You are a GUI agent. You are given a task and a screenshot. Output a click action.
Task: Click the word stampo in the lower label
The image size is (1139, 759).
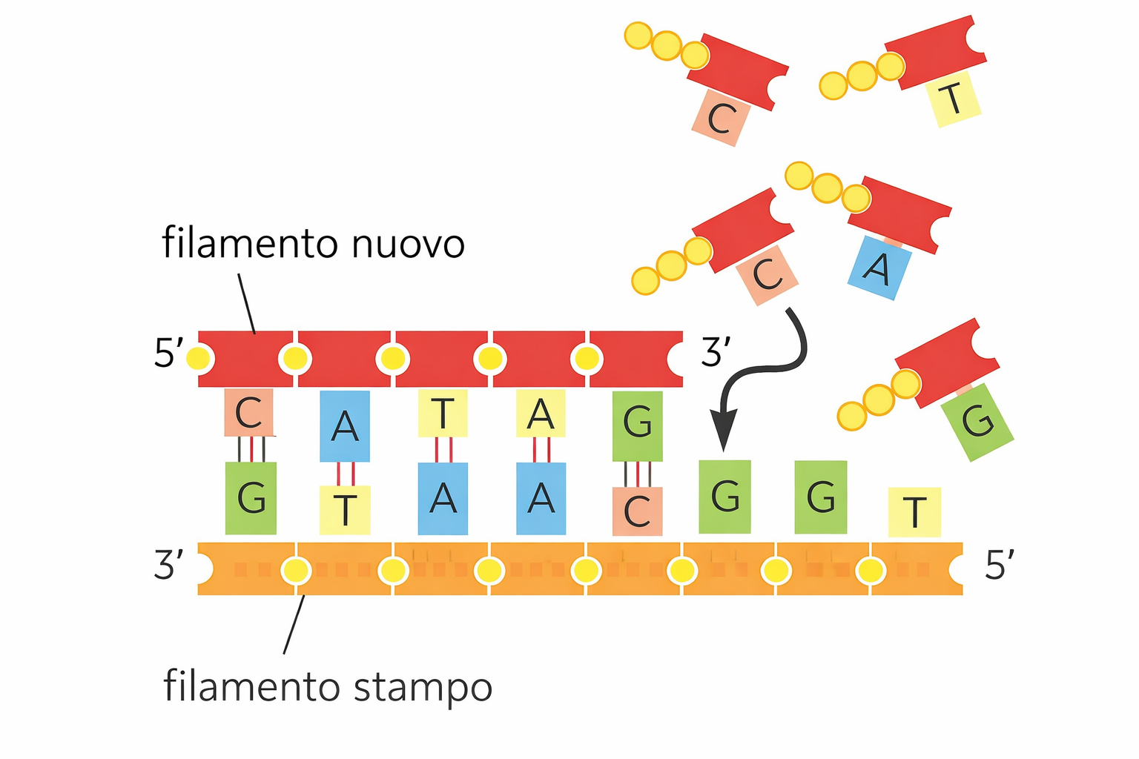422,688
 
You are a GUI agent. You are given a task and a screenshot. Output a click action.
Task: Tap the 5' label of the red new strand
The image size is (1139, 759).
168,353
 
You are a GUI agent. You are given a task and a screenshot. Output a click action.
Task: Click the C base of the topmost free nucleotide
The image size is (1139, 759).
721,119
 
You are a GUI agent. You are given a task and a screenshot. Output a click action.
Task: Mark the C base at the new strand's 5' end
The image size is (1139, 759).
249,412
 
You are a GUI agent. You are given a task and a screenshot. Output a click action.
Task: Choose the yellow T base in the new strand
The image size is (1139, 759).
443,414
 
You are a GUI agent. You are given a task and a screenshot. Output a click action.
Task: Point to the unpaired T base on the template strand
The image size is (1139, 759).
914,511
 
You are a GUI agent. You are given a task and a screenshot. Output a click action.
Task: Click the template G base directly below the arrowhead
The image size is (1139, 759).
724,496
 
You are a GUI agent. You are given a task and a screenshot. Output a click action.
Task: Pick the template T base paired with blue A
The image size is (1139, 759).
345,509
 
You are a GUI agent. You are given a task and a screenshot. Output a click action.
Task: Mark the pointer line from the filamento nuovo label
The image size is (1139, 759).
247,304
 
